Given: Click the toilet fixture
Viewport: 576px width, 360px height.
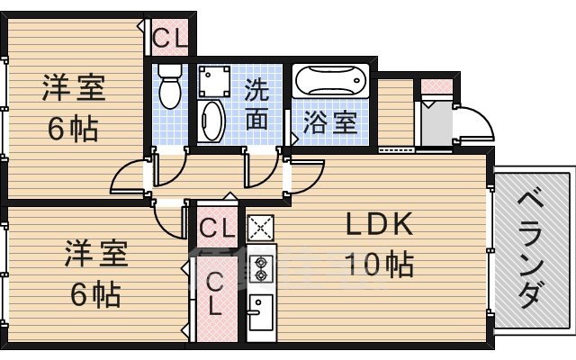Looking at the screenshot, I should [168, 87].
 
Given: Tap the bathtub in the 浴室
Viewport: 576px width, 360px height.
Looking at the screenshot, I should [330, 85].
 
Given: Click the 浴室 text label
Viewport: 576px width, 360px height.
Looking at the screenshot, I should [330, 122].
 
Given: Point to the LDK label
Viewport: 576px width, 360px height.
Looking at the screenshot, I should [379, 224].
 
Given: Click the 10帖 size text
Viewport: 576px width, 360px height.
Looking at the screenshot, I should [380, 264].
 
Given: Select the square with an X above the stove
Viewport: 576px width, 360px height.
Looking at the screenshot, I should [260, 227].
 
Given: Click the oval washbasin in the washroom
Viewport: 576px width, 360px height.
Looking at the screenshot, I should [212, 121].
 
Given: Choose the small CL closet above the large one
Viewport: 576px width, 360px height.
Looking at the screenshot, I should [217, 226].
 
